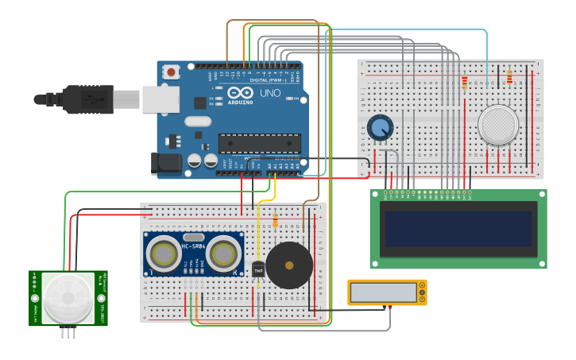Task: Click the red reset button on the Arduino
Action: (x=171, y=72)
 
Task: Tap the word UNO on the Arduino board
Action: (x=270, y=94)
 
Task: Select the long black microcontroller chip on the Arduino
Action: (x=259, y=143)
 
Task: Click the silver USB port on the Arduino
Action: (x=160, y=99)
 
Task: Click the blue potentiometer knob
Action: (x=380, y=127)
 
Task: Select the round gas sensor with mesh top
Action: (x=498, y=124)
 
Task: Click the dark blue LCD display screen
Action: (x=458, y=228)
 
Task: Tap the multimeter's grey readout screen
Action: (x=382, y=292)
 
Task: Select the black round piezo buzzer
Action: (x=288, y=265)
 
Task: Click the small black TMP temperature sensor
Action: (x=258, y=269)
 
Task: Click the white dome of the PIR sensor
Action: (x=68, y=298)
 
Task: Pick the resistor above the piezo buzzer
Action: (x=275, y=220)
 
